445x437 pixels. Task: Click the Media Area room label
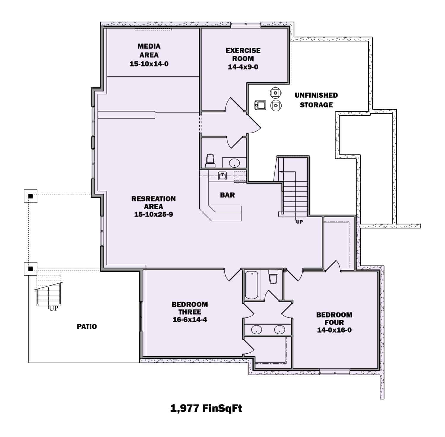pos(149,50)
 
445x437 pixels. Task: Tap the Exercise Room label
pos(243,55)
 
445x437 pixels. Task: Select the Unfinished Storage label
pos(316,100)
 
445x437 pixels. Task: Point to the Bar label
pos(227,195)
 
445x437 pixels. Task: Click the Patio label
pos(87,326)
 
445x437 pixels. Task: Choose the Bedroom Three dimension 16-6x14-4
pos(190,320)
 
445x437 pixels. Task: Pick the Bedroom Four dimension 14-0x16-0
pos(334,330)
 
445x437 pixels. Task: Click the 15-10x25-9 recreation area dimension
pos(153,214)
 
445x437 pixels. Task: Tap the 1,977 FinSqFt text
pos(206,408)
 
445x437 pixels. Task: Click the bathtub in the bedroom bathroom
pos(251,285)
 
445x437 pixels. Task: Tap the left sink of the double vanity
pos(256,329)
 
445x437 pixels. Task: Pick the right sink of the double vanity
pos(279,329)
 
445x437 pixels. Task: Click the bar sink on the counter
pos(223,176)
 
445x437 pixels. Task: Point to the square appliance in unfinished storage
pos(260,105)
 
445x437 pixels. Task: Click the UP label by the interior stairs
pos(299,222)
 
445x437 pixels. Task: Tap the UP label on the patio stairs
pos(53,308)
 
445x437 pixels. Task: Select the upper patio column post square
pos(30,196)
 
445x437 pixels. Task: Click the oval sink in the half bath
pos(234,163)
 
